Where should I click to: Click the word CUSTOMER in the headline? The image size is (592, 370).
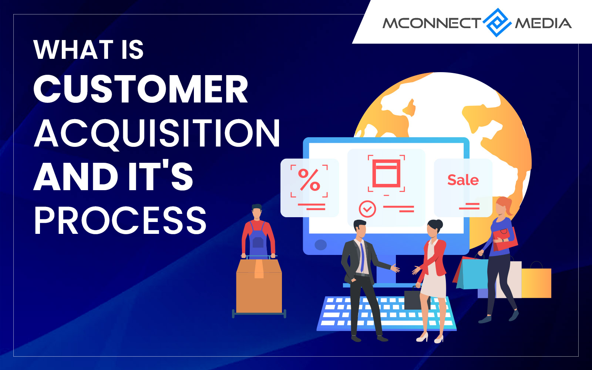tap(141, 89)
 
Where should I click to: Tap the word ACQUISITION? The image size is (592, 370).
tap(157, 133)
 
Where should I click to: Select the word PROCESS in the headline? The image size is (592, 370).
tap(120, 221)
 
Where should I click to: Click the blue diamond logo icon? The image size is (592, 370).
tap(497, 23)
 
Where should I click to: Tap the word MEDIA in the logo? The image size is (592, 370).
tap(544, 23)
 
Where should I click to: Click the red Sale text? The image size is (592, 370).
tap(463, 180)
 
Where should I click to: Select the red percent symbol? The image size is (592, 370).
tap(309, 180)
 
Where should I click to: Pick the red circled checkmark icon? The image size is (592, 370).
tap(367, 209)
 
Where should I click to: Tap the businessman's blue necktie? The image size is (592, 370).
tap(362, 258)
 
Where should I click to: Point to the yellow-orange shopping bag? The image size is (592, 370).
tap(536, 283)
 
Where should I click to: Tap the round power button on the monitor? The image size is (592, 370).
tap(320, 245)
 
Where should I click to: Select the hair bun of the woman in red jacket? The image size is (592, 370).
tap(439, 224)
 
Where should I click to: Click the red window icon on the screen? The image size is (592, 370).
tap(386, 174)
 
